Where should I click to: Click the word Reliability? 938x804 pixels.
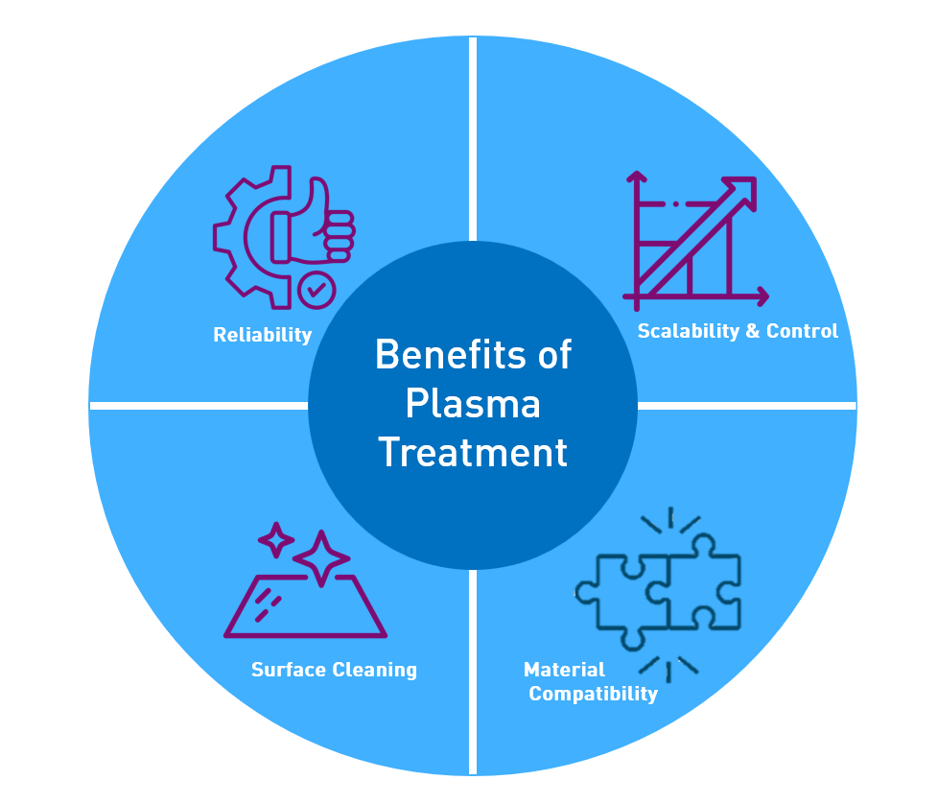coord(262,335)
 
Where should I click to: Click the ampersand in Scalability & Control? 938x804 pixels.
coord(753,331)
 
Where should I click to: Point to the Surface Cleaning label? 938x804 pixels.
coord(334,670)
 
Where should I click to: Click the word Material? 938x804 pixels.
coord(564,670)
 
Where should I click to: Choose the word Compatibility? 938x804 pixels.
coord(593,694)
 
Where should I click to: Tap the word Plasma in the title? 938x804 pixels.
coord(472,404)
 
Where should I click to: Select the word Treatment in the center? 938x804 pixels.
coord(472,452)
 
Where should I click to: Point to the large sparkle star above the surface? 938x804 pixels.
coord(321,556)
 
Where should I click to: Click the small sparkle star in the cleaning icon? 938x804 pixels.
coord(276,540)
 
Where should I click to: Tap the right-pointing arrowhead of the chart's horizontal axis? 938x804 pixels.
coord(762,296)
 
